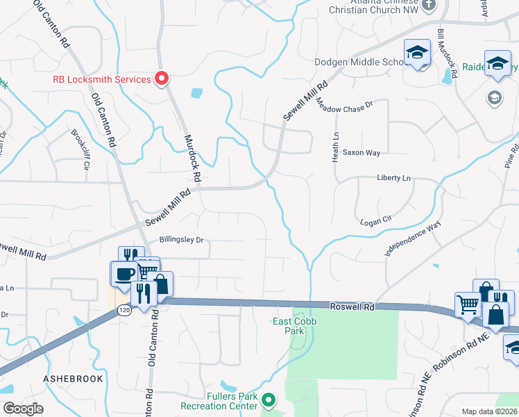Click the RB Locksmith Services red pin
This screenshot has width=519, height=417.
[x=162, y=79]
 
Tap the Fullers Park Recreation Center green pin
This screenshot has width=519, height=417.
[x=269, y=400]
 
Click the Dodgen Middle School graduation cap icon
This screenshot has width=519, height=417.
[x=418, y=53]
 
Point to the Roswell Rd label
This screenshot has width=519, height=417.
[x=351, y=306]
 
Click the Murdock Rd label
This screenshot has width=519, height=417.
[x=192, y=158]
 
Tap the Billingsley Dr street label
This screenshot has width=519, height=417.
[x=181, y=240]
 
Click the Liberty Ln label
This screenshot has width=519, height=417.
[x=394, y=178]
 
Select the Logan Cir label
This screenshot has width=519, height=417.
[x=377, y=222]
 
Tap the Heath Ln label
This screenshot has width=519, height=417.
[x=337, y=146]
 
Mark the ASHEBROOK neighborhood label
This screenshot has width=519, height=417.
[x=73, y=379]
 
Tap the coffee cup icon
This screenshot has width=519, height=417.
[x=125, y=273]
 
